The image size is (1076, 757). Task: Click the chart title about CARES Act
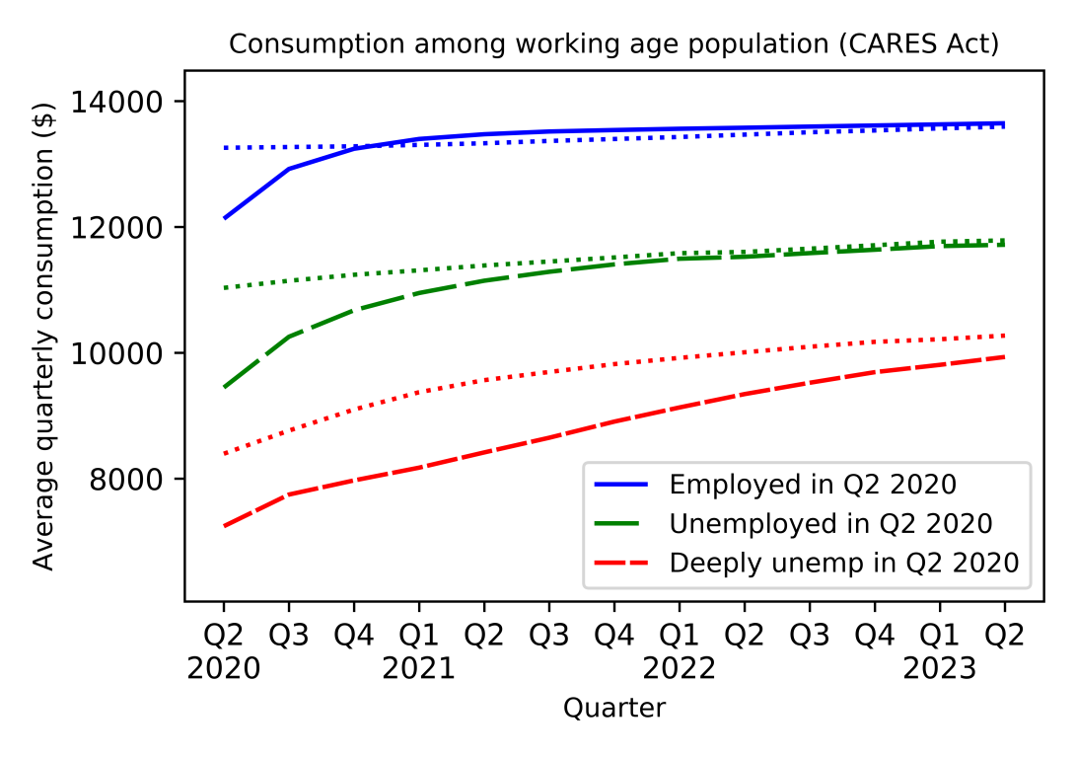[x=614, y=44]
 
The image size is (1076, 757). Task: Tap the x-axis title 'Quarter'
[x=613, y=708]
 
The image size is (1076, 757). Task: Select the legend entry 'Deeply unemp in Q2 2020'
[x=843, y=563]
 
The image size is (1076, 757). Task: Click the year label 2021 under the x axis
[x=418, y=669]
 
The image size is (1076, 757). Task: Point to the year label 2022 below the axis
[x=679, y=669]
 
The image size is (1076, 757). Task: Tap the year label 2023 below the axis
[x=939, y=669]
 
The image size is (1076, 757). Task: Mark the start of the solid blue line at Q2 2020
[x=224, y=218]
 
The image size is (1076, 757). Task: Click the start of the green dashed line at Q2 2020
[x=224, y=388]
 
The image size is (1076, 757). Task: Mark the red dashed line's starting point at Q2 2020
[x=224, y=526]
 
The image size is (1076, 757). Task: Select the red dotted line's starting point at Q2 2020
[x=224, y=454]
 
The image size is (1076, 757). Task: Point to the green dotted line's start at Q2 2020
[x=224, y=288]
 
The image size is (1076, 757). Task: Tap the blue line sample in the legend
[x=621, y=485]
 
